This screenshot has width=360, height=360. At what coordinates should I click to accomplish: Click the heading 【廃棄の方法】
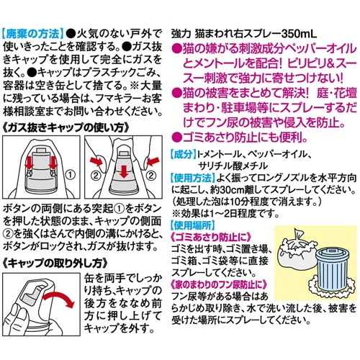click(x=32, y=34)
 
